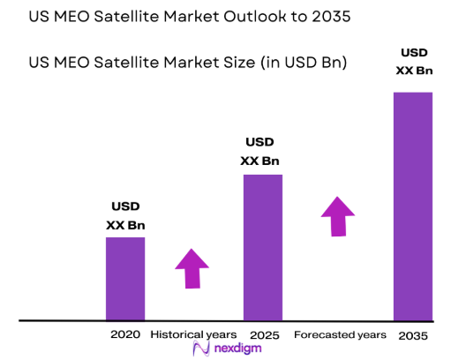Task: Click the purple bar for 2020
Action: point(125,278)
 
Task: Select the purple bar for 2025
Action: point(262,247)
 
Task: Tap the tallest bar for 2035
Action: point(412,206)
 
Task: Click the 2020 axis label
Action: point(125,335)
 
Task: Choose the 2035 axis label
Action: point(412,335)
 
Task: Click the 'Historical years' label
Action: point(193,335)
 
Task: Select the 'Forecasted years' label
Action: point(340,335)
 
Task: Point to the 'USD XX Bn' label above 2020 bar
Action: point(125,216)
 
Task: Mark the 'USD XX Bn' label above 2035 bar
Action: point(412,61)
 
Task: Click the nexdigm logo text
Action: point(241,350)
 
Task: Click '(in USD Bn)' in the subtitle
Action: point(297,63)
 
